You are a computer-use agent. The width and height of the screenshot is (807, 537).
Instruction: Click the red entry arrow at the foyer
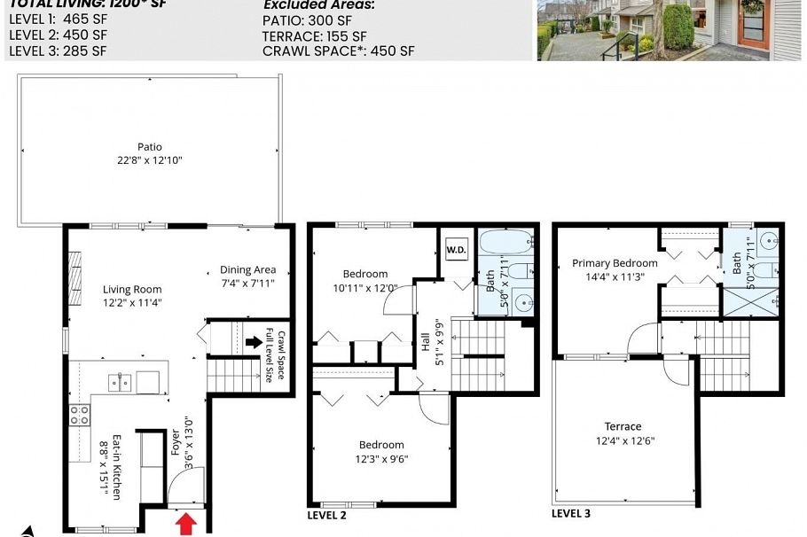click(185, 524)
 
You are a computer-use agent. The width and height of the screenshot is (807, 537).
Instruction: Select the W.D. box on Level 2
click(456, 250)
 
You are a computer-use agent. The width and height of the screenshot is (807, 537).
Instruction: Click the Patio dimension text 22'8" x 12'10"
click(149, 160)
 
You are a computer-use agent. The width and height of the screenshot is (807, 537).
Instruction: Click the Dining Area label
click(247, 276)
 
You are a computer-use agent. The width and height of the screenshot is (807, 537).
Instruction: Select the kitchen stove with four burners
click(80, 415)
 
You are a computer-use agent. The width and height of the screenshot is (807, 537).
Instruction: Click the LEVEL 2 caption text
click(326, 515)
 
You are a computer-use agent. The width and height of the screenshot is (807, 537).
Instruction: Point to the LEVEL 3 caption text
click(570, 513)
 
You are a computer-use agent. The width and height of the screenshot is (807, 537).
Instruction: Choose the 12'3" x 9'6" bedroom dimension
click(381, 458)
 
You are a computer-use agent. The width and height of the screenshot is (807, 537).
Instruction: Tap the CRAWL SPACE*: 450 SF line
click(338, 51)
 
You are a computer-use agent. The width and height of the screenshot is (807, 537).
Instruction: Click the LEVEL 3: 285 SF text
click(58, 51)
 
